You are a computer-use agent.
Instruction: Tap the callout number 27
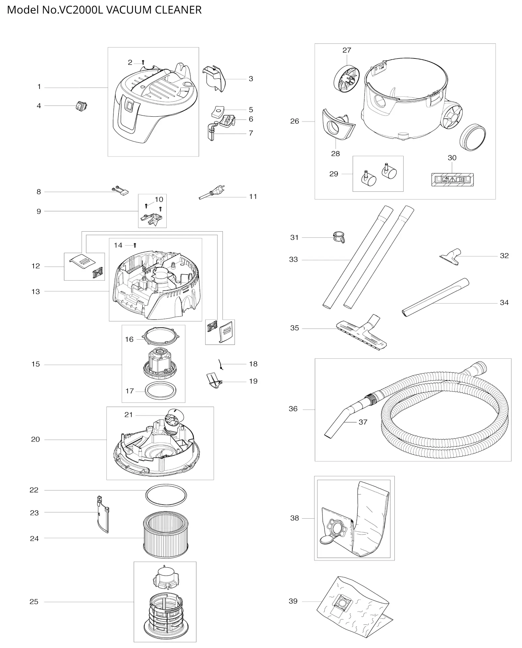(347, 50)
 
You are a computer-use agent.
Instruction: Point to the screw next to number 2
(143, 62)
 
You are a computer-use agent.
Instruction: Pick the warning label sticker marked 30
(452, 180)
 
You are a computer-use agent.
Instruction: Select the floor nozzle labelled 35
(361, 332)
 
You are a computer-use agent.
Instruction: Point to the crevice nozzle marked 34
(436, 297)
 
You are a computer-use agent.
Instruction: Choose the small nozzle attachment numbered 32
(451, 257)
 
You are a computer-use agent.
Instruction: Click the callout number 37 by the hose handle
(363, 422)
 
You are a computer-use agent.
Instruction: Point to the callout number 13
(36, 292)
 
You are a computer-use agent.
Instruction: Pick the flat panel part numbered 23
(103, 514)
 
